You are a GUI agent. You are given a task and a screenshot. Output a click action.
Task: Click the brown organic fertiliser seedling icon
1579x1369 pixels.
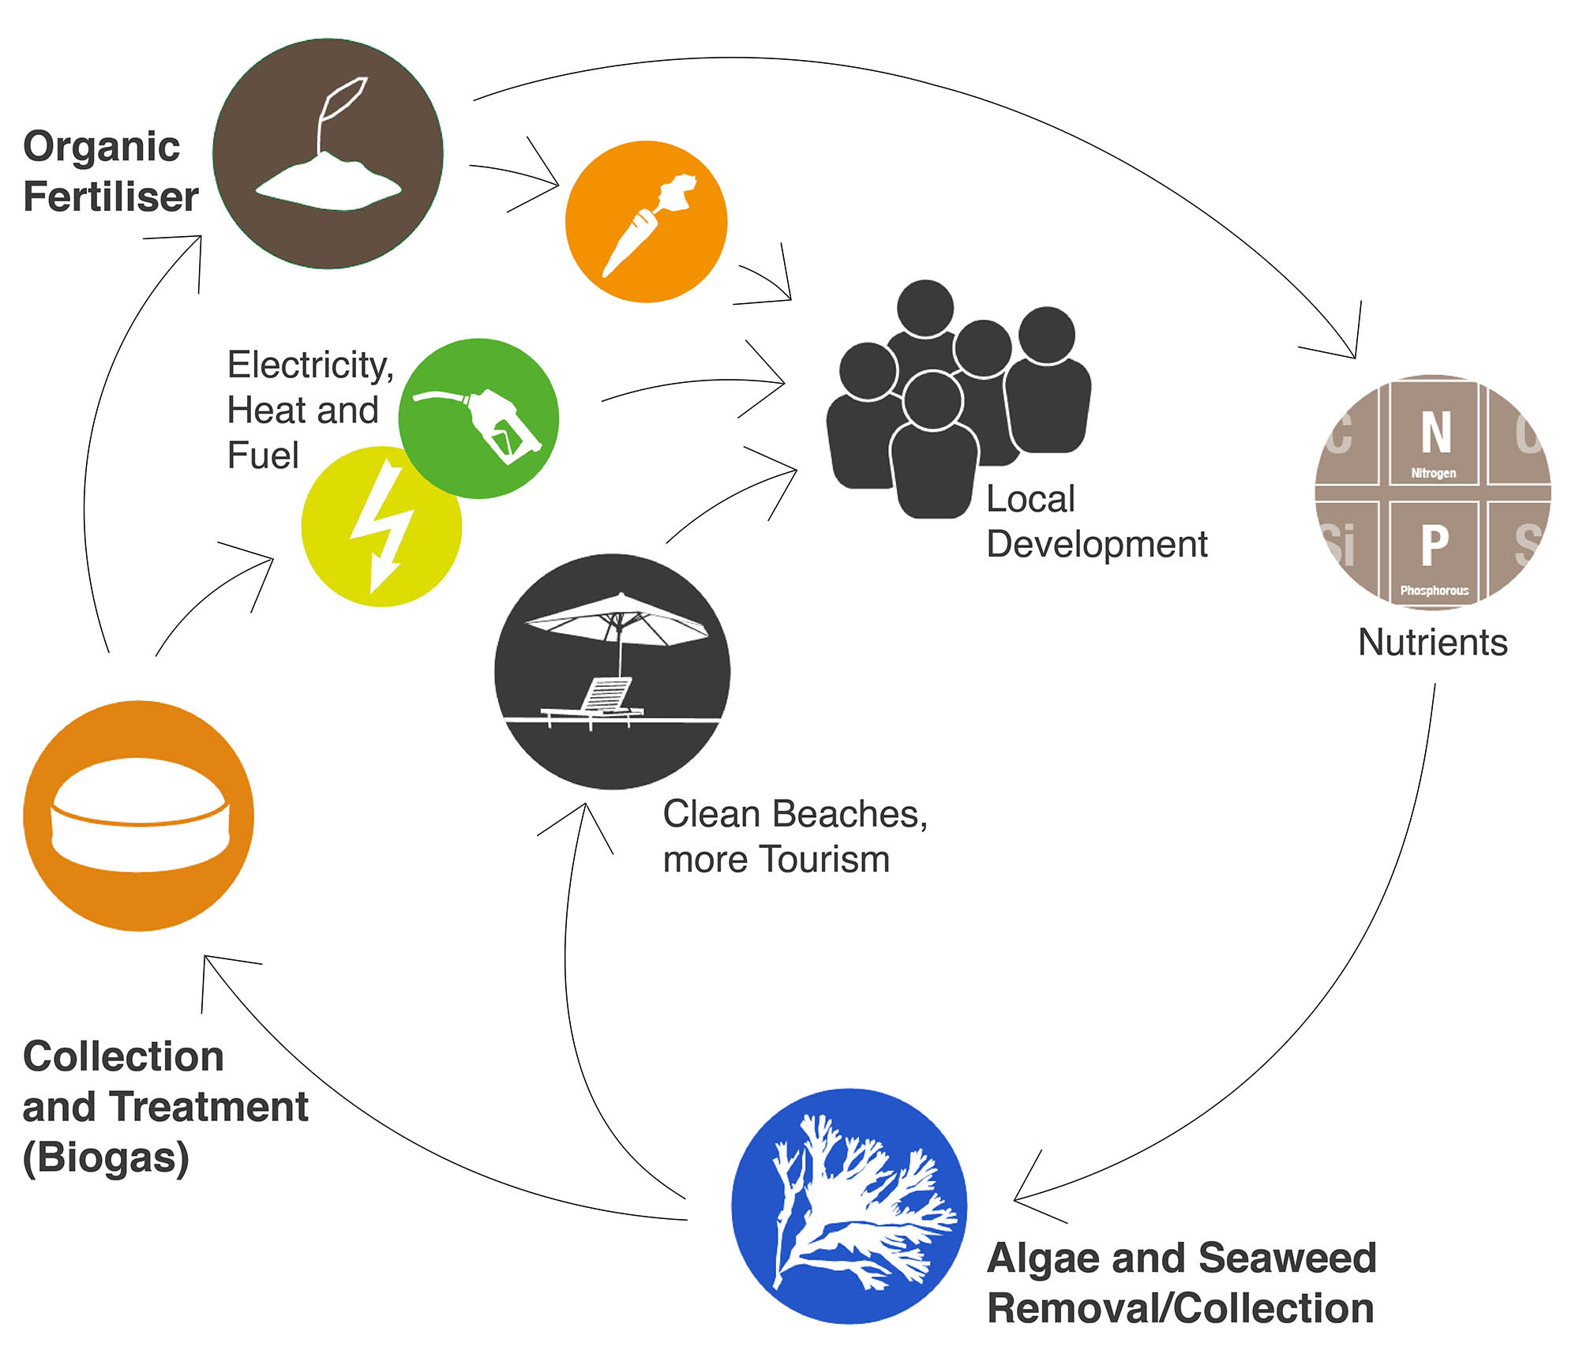328,153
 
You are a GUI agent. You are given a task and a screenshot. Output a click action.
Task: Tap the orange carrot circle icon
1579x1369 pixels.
646,222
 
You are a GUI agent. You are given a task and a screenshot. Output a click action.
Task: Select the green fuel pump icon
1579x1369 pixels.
478,418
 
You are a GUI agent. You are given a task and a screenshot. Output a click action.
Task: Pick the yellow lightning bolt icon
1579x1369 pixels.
381,527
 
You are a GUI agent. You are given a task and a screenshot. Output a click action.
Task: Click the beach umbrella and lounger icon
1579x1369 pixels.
612,671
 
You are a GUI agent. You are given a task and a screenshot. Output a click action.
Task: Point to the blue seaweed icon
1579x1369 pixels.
849,1206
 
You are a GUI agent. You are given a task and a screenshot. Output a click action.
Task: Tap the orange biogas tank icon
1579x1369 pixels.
138,816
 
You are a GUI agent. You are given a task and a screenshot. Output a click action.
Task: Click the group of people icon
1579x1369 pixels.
957,399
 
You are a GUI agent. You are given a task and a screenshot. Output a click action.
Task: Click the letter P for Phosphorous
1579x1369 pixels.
1435,545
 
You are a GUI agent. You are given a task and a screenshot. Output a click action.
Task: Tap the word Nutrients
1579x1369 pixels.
1432,642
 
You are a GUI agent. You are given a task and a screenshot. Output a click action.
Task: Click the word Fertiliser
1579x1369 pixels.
111,197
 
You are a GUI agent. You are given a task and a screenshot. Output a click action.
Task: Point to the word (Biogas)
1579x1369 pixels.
106,1157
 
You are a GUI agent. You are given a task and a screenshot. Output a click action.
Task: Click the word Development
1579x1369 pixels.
1097,544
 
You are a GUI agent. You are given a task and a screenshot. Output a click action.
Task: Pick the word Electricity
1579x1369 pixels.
310,365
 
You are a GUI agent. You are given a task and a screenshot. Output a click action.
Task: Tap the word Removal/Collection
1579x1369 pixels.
1180,1308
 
